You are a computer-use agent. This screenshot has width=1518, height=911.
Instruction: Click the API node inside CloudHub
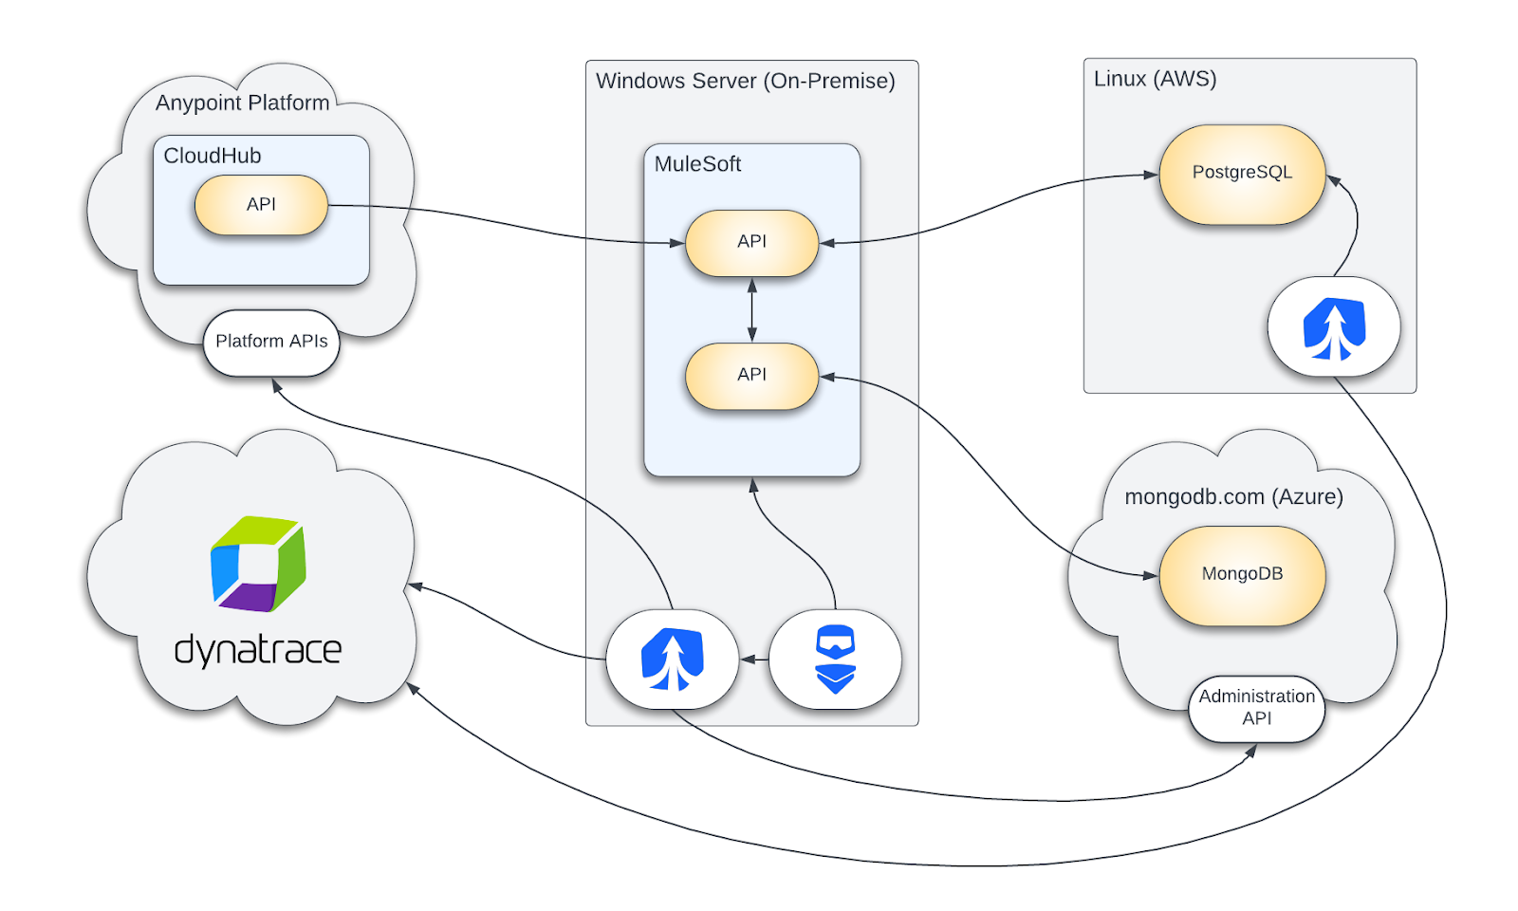(261, 205)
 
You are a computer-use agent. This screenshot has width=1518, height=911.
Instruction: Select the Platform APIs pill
(271, 342)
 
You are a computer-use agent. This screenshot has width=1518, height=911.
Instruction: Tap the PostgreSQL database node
(1242, 174)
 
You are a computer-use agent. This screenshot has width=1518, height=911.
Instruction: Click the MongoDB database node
(1242, 574)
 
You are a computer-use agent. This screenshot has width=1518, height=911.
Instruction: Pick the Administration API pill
(1256, 708)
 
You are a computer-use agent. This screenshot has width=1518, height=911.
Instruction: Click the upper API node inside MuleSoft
(751, 242)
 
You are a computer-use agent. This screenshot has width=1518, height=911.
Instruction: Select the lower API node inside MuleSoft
(751, 375)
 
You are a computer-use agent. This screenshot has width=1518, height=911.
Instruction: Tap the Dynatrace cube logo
(258, 564)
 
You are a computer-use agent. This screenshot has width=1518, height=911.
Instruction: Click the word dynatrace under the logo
(258, 650)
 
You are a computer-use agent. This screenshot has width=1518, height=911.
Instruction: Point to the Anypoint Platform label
(243, 102)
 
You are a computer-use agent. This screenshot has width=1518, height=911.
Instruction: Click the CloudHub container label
(213, 156)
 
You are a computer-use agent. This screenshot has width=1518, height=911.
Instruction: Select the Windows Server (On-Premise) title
(745, 81)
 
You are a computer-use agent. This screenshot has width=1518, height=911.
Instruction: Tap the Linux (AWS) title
(1155, 79)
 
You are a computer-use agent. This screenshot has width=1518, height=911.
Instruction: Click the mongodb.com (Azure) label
(1233, 496)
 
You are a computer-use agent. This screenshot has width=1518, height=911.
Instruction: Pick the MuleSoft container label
(697, 164)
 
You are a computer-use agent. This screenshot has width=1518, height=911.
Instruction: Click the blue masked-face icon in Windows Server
(835, 660)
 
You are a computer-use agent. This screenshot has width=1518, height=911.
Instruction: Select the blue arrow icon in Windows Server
(672, 660)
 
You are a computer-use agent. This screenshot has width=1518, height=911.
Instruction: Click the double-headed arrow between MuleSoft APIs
(752, 309)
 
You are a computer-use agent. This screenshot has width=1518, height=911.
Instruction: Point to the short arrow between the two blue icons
(754, 660)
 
